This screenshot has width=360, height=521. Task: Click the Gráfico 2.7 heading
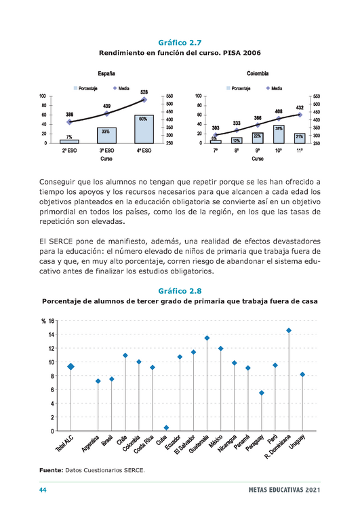[x=180, y=43]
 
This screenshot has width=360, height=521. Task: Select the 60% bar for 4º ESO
[x=144, y=130]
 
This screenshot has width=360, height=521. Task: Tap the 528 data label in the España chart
[x=144, y=92]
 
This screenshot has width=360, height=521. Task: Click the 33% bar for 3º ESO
[x=106, y=136]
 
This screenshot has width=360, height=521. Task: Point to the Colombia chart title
[x=258, y=73]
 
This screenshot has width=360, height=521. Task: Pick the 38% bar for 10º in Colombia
[x=279, y=134]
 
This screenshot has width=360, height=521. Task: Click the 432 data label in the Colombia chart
[x=300, y=108]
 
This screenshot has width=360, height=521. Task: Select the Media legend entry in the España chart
[x=121, y=88]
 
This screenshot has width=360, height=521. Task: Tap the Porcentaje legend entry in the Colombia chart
[x=239, y=88]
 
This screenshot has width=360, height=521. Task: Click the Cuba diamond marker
[x=166, y=427]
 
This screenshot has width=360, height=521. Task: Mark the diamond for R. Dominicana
[x=289, y=330]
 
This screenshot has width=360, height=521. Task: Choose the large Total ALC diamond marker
[x=71, y=366]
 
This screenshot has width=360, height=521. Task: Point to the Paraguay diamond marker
[x=262, y=393]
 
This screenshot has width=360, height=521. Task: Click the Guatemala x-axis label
[x=199, y=444]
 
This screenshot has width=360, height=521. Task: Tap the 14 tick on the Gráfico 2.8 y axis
[x=52, y=334]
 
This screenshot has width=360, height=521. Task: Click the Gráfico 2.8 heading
[x=180, y=291]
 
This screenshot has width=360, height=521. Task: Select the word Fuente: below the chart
[x=51, y=470]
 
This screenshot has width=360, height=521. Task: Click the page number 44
[x=43, y=490]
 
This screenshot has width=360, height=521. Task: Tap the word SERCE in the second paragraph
[x=61, y=242]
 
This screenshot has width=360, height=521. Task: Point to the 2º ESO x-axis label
[x=69, y=151]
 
